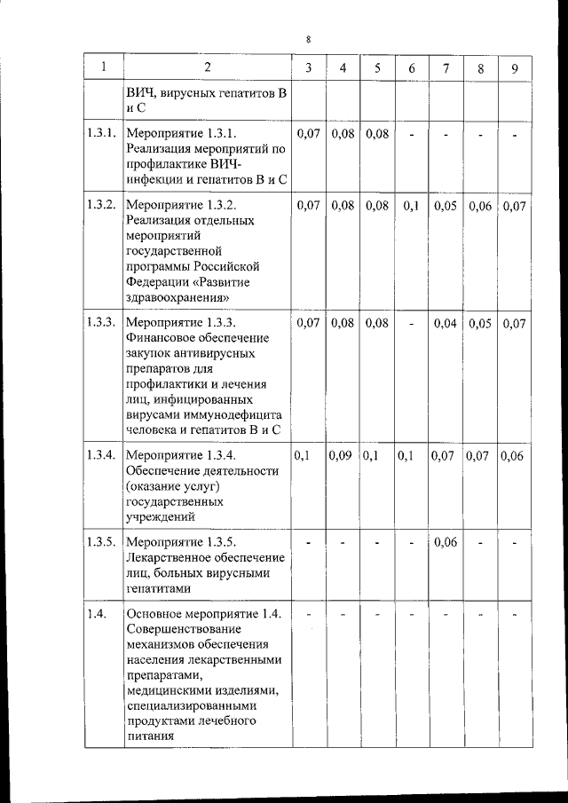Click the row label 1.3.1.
pos(102,134)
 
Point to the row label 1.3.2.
pos(102,206)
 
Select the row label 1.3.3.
pos(102,323)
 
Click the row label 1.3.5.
pos(102,542)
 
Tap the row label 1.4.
pos(97,614)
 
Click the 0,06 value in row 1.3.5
pos(446,542)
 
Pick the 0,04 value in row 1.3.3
pos(446,323)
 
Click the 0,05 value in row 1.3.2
pos(446,206)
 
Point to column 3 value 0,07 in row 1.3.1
pos(307,134)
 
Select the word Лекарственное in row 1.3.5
pos(175,557)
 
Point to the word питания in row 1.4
pos(153,736)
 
